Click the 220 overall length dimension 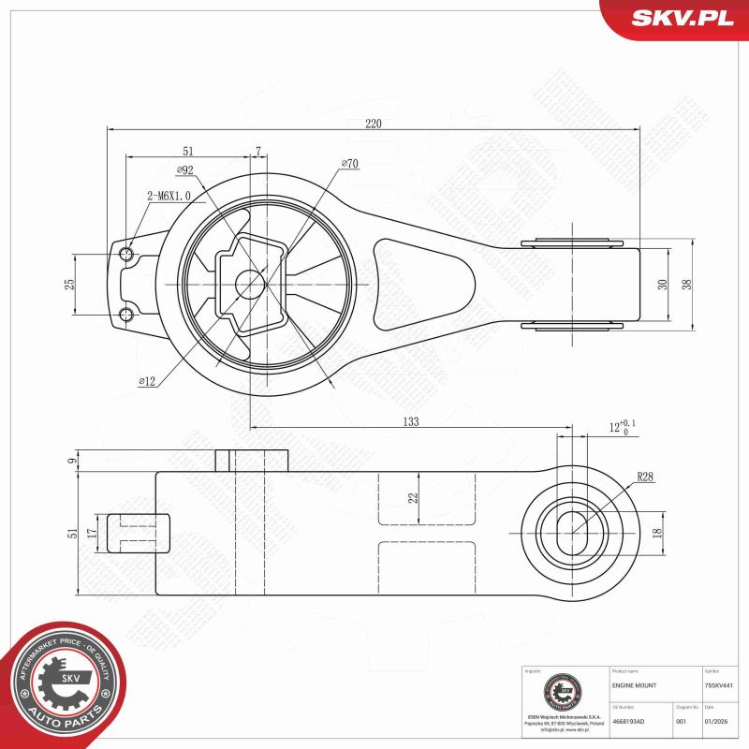tap(373, 123)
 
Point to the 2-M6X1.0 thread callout tap(168, 196)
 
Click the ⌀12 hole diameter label tap(147, 381)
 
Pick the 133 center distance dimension tap(410, 422)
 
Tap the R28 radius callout tap(645, 477)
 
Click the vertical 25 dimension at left tap(69, 284)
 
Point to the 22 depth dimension tap(412, 498)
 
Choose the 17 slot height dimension tap(92, 533)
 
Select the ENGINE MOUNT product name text tap(634, 686)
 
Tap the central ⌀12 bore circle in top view tap(247, 284)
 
